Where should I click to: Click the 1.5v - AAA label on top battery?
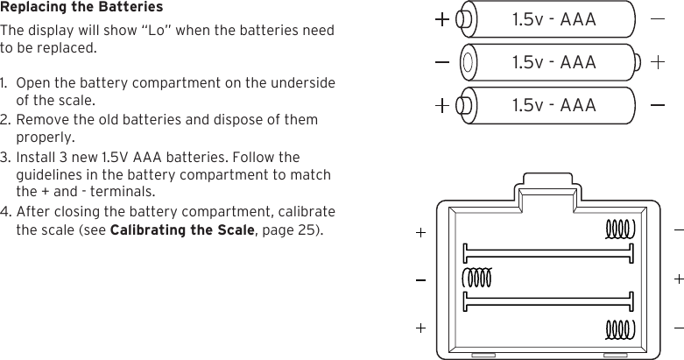coord(553,19)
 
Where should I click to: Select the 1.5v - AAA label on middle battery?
coord(553,62)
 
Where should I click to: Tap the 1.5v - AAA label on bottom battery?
coord(553,105)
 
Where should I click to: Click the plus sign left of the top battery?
coord(443,18)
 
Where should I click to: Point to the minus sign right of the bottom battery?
coord(658,105)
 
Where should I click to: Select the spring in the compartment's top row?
coord(619,229)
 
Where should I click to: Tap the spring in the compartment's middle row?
coord(477,278)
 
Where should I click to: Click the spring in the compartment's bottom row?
coord(619,329)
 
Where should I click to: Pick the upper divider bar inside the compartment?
coord(548,253)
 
